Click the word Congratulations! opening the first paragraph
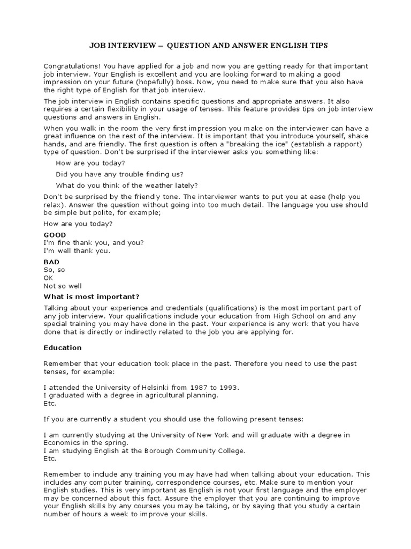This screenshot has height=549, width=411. click(70, 66)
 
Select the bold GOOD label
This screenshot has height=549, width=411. click(55, 235)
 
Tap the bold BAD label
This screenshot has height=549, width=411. click(51, 262)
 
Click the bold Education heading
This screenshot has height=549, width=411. click(62, 347)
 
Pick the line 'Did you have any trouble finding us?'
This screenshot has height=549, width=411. click(119, 174)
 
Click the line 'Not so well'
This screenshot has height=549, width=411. click(63, 286)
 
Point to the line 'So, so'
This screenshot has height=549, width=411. click(54, 270)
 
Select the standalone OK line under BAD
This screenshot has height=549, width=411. click(48, 278)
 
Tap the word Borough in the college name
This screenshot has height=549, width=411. click(160, 451)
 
